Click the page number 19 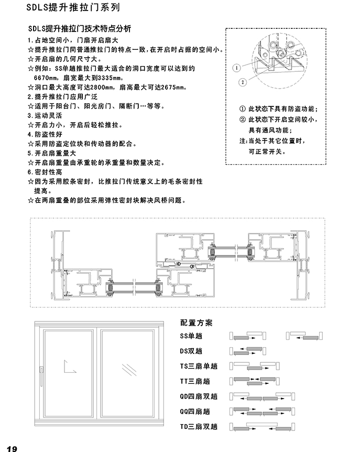coord(12,447)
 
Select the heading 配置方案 coord(196,323)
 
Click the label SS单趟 coord(191,336)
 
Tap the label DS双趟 coord(191,351)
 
